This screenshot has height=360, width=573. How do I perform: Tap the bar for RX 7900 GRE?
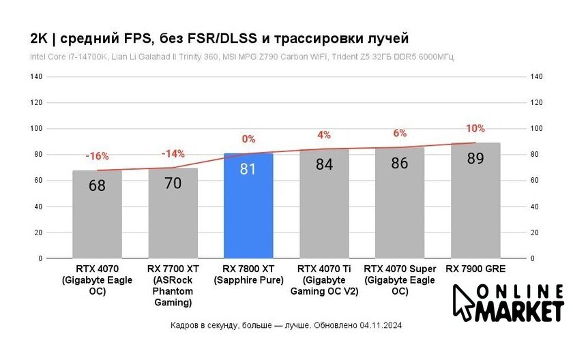[475, 205]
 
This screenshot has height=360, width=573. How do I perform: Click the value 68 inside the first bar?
[97, 185]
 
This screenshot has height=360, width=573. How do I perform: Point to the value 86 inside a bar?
[400, 164]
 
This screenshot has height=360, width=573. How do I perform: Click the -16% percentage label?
[97, 156]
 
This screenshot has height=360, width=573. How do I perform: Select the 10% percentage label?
[475, 128]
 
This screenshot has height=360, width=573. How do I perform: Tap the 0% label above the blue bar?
[248, 139]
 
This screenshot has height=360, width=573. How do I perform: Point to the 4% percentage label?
[324, 135]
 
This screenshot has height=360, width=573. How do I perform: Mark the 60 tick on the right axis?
[536, 181]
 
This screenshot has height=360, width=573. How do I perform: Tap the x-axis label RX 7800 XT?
[248, 275]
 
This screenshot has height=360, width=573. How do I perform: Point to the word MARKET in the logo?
[522, 312]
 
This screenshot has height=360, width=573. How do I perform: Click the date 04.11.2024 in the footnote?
[381, 326]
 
